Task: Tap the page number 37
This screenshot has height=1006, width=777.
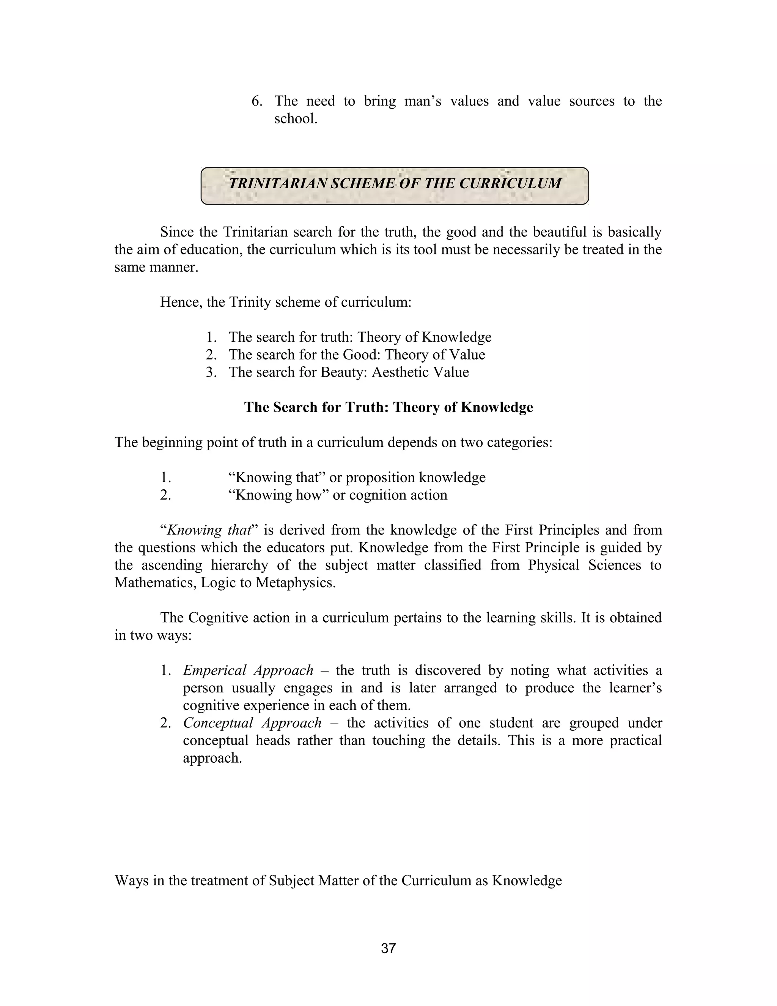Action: [x=388, y=948]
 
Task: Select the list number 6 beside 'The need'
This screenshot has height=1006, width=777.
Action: [x=256, y=101]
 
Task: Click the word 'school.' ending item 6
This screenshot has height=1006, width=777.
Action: [x=296, y=119]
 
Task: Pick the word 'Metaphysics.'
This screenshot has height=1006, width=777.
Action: [x=296, y=583]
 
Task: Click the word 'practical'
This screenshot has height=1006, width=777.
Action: [x=636, y=740]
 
